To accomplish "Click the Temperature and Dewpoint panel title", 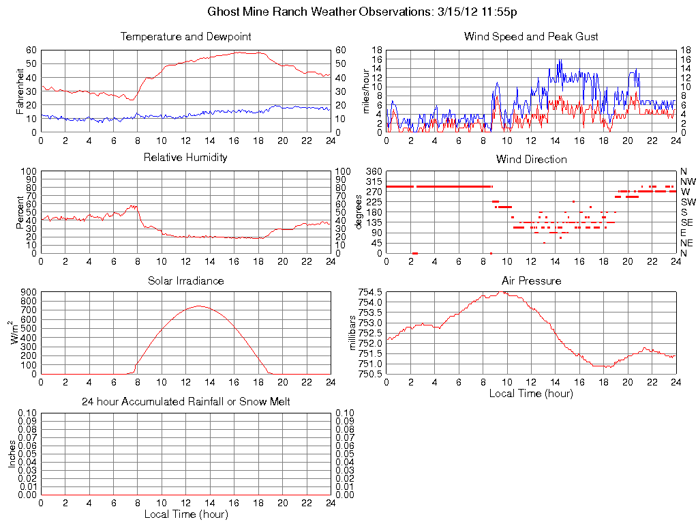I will pyautogui.click(x=185, y=36).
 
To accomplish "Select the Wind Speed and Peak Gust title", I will pyautogui.click(x=531, y=36).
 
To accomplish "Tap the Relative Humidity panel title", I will pyautogui.click(x=185, y=158).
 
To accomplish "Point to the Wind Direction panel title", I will pyautogui.click(x=531, y=159).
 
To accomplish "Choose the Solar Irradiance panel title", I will pyautogui.click(x=185, y=280).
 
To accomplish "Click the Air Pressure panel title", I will pyautogui.click(x=531, y=280).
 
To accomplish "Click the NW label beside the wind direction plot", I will pyautogui.click(x=687, y=181).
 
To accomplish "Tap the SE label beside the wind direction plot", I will pyautogui.click(x=687, y=222).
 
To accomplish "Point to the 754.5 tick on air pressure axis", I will pyautogui.click(x=371, y=292).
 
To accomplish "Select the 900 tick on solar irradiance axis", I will pyautogui.click(x=29, y=292).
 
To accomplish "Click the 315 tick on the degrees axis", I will pyautogui.click(x=374, y=181).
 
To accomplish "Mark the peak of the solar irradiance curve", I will pyautogui.click(x=198, y=306).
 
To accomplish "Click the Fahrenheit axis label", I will pyautogui.click(x=19, y=91).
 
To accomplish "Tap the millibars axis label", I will pyautogui.click(x=352, y=333).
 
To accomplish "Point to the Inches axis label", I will pyautogui.click(x=12, y=454).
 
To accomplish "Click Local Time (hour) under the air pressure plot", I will pyautogui.click(x=531, y=393).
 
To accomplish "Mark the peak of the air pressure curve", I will pyautogui.click(x=502, y=292).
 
